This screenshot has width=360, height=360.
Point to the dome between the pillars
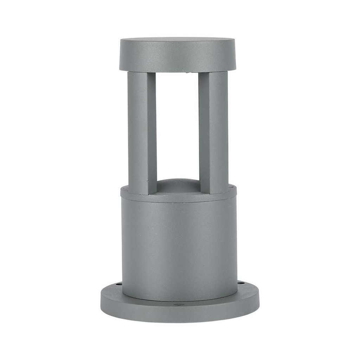pos(178,186)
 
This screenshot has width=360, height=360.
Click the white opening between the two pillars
pos(178,127)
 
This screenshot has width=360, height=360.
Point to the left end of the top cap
pos(121,54)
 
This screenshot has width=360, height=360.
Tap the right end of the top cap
pos(234,54)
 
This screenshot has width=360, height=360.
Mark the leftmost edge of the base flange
pos(101,302)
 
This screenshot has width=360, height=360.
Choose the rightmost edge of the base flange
pos(259,302)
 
